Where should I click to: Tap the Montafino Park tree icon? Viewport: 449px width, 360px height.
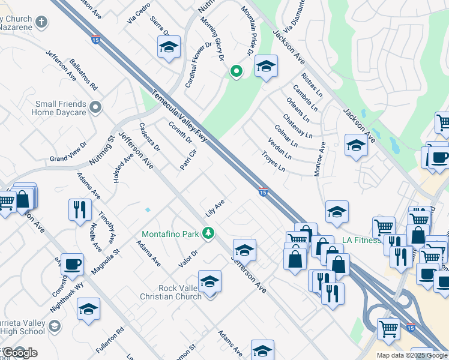(208, 232)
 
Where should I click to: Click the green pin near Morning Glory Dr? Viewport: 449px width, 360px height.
(237, 73)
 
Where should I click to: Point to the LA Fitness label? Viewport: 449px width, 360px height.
(361, 241)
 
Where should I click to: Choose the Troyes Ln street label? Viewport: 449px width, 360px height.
(273, 160)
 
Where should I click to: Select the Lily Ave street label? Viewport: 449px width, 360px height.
(214, 208)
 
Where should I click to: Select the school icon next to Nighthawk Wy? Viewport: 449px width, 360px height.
(88, 308)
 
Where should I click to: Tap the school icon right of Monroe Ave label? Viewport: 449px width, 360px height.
(356, 145)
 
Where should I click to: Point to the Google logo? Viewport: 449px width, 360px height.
(19, 352)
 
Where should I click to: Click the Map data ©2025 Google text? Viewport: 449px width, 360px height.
(411, 355)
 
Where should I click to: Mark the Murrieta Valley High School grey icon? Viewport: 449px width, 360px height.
(55, 326)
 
